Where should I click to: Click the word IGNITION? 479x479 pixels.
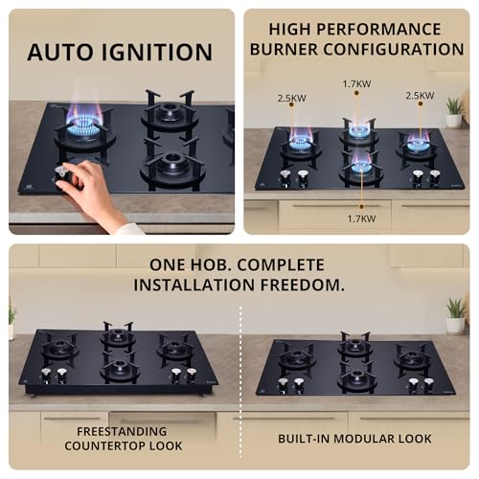coord(155,52)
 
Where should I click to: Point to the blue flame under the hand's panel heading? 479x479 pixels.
coord(83,127)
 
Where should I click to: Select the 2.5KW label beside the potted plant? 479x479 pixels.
coord(420,96)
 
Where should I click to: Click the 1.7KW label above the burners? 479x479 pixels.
coord(355,84)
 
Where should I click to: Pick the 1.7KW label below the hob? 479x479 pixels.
coord(360,218)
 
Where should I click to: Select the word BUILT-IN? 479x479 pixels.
coord(306,438)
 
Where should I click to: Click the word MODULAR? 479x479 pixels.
coord(365,438)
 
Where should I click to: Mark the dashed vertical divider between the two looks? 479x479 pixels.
coord(239,383)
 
